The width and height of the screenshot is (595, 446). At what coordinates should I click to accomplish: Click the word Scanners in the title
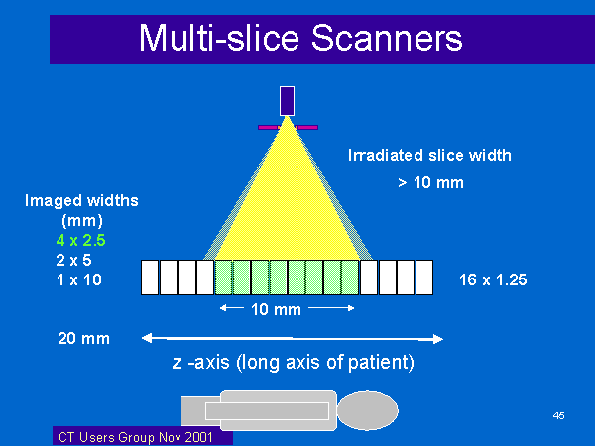(x=387, y=38)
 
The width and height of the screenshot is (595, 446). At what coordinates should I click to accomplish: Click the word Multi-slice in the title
(x=219, y=38)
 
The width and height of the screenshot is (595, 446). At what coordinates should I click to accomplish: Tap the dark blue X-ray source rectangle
(x=287, y=101)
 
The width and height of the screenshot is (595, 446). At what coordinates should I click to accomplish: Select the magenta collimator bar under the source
(x=288, y=128)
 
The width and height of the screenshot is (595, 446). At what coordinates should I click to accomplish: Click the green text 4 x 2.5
(x=81, y=240)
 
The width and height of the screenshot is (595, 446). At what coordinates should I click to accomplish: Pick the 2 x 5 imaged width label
(x=73, y=260)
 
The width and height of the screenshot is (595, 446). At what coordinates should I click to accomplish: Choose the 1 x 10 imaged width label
(x=79, y=279)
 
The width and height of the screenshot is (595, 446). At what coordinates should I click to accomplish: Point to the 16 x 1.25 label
(x=493, y=279)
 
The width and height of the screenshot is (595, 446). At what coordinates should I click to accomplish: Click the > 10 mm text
(x=430, y=182)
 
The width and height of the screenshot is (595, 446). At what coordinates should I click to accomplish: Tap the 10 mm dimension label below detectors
(x=277, y=309)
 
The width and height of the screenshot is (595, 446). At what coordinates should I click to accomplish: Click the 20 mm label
(x=84, y=338)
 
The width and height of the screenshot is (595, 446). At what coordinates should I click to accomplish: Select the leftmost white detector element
(x=150, y=278)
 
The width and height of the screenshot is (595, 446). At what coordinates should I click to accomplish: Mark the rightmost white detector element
(x=424, y=278)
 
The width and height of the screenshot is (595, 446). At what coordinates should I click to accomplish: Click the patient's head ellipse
(x=367, y=410)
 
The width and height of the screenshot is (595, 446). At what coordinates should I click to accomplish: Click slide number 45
(x=558, y=415)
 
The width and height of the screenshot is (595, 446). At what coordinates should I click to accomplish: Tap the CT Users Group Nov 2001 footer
(x=136, y=437)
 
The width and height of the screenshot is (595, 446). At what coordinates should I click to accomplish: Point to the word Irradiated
(x=385, y=156)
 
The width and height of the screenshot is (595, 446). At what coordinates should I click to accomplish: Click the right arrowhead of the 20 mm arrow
(x=438, y=339)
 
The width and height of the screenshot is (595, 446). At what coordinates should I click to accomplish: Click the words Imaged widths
(x=81, y=200)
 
